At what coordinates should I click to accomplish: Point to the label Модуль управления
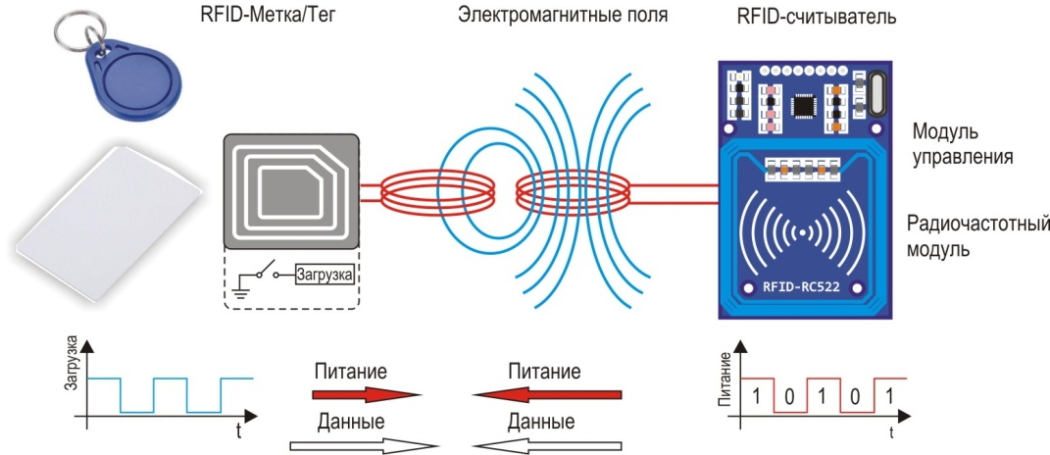962,144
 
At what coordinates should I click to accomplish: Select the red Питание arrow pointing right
365,394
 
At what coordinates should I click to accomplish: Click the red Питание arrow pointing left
547,394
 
